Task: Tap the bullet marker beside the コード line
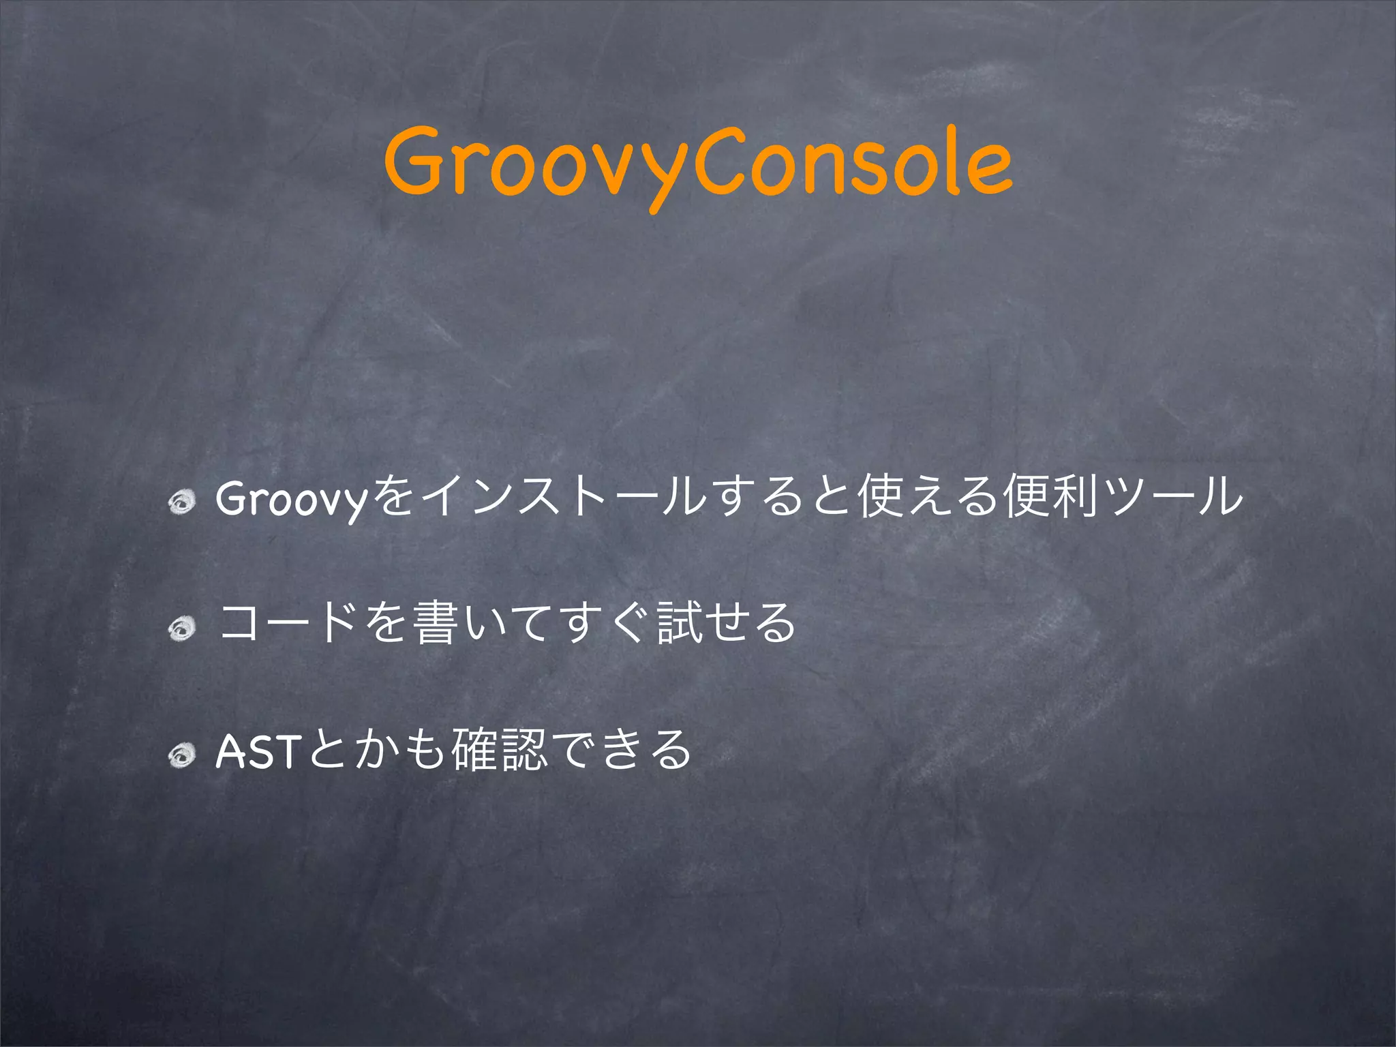click(183, 628)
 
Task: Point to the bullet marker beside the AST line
click(183, 754)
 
